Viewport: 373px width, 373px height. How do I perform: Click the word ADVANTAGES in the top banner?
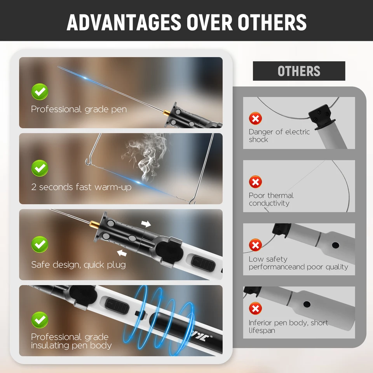point(124,22)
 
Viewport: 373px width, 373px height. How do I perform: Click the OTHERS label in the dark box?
point(299,71)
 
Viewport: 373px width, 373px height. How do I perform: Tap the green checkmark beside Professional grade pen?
point(40,92)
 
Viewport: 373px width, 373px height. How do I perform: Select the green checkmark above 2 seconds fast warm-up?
point(40,168)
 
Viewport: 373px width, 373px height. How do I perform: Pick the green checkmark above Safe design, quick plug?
point(40,244)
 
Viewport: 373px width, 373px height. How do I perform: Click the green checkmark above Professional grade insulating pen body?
point(40,320)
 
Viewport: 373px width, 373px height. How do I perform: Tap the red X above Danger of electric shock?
point(256,119)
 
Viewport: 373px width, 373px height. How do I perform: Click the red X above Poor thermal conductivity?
point(256,182)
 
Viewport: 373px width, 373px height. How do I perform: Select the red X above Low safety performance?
point(256,245)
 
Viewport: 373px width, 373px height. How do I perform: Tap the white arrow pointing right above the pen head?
point(146,224)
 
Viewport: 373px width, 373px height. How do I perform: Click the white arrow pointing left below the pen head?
point(122,253)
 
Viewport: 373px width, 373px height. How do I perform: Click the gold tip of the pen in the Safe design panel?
point(95,224)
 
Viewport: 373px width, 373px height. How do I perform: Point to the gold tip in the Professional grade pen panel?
point(167,113)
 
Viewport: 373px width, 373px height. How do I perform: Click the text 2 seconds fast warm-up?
point(81,187)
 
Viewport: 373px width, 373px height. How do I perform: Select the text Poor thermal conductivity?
point(271,199)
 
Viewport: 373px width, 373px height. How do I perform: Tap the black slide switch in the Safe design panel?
point(203,263)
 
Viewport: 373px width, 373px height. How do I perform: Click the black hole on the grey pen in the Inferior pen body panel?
point(307,304)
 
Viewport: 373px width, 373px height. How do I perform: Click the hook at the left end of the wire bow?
point(88,162)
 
